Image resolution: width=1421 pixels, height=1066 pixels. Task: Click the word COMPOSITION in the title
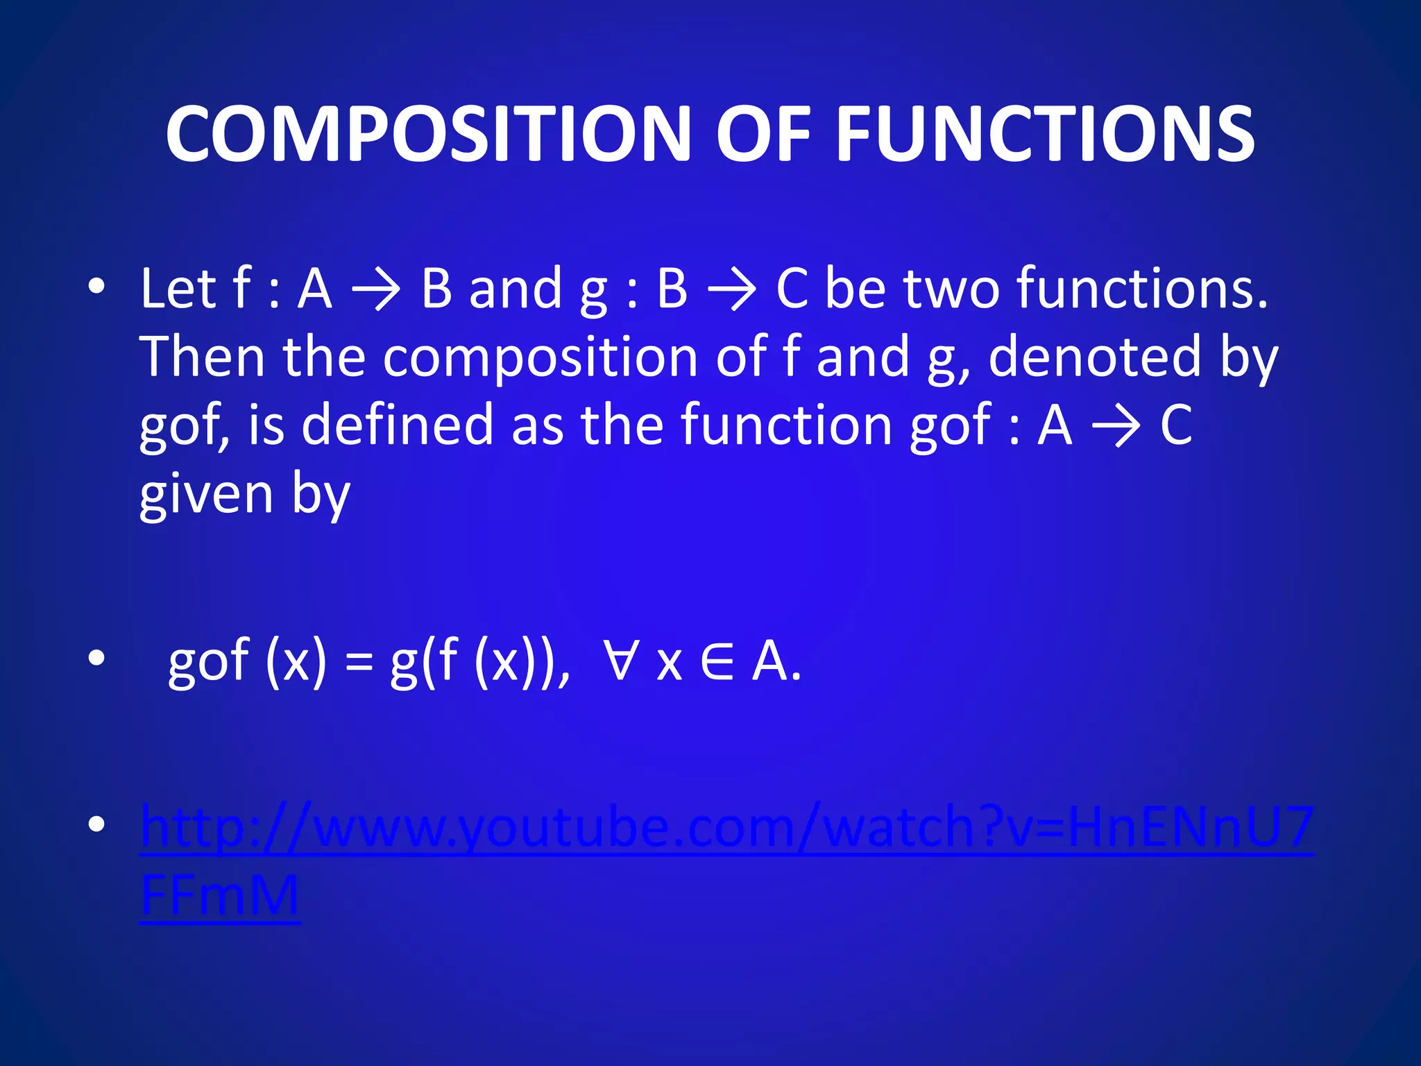(x=427, y=134)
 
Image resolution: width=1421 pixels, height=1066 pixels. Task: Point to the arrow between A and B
(x=377, y=290)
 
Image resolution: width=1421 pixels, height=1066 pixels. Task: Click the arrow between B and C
(x=731, y=290)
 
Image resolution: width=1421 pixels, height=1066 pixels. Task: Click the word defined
(x=398, y=425)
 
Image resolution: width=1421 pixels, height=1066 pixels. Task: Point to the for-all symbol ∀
(x=619, y=661)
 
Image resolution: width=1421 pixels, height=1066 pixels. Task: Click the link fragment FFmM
(x=219, y=895)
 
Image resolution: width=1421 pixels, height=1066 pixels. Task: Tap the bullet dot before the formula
(x=97, y=659)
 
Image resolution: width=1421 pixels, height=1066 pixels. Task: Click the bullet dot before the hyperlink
(x=97, y=824)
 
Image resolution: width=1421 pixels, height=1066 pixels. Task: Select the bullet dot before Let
(x=97, y=286)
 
